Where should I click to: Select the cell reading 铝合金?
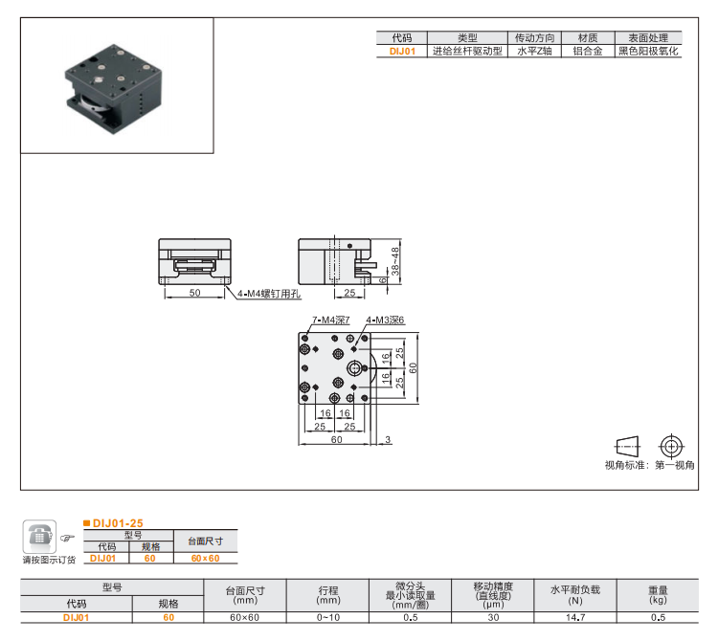pyautogui.click(x=587, y=53)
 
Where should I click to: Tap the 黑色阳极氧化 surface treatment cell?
pyautogui.click(x=648, y=53)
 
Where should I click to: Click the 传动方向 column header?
pyautogui.click(x=534, y=38)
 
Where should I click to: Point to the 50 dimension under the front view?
pyautogui.click(x=194, y=293)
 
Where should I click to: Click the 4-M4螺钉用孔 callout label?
pyautogui.click(x=270, y=295)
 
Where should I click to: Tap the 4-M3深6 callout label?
pyautogui.click(x=385, y=320)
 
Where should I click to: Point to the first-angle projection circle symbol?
pyautogui.click(x=671, y=446)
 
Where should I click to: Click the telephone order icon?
pyautogui.click(x=39, y=538)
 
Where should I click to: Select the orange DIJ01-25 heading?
pyautogui.click(x=118, y=523)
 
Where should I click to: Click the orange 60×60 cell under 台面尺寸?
pyautogui.click(x=205, y=558)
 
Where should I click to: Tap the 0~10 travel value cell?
pyautogui.click(x=327, y=618)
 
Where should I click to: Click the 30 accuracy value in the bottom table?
pyautogui.click(x=494, y=618)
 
